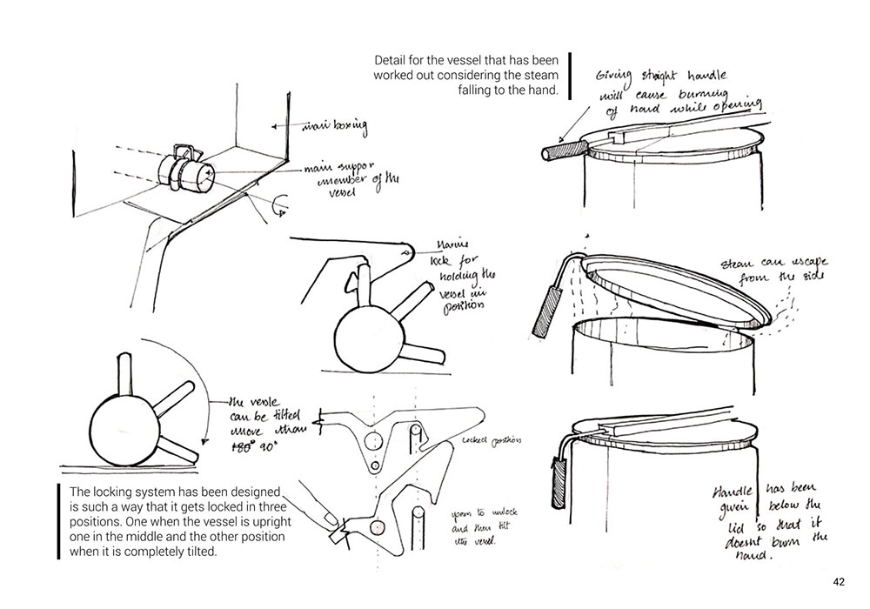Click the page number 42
(x=838, y=582)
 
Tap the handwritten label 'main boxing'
(x=333, y=128)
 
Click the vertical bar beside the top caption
(x=568, y=75)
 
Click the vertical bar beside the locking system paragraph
(x=60, y=520)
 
